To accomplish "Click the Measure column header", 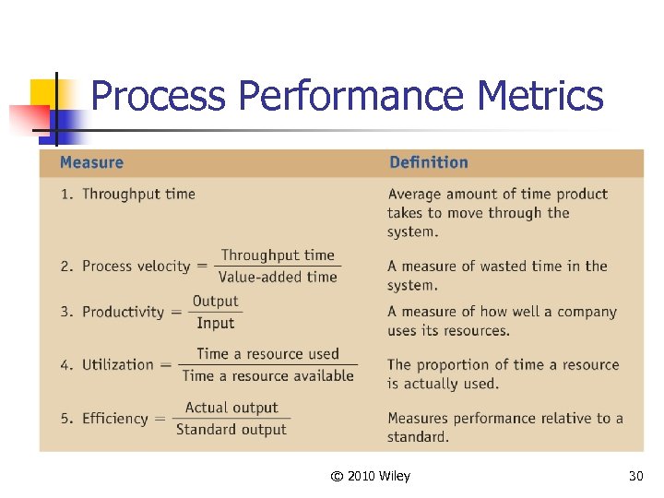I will pos(91,163).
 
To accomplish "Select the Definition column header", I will pos(429,163).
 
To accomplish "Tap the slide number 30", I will pos(635,476).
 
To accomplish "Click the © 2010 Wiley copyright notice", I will pos(370,476).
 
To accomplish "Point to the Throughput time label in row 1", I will pos(138,194).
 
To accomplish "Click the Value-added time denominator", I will pos(278,277).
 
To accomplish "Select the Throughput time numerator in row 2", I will pos(278,255).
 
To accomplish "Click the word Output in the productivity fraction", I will pos(215,302).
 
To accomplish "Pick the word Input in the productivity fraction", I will pos(215,323).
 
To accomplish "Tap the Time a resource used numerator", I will pos(267,354).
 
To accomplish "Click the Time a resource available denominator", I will pos(267,375).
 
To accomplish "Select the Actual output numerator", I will pos(231,408).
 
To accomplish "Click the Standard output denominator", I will pos(231,429).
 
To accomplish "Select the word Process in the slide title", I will pos(159,96).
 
